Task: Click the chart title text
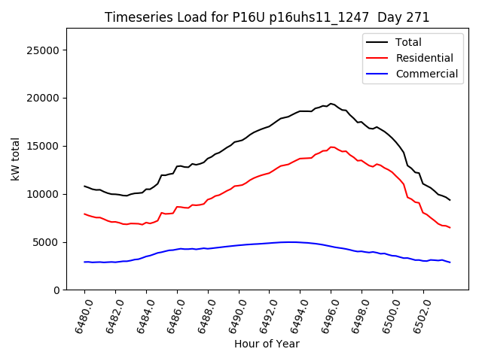(267, 17)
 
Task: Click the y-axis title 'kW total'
(16, 159)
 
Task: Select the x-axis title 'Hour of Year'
(267, 344)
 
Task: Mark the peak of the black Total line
(331, 104)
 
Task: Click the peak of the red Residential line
(331, 147)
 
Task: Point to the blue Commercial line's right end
(450, 262)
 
